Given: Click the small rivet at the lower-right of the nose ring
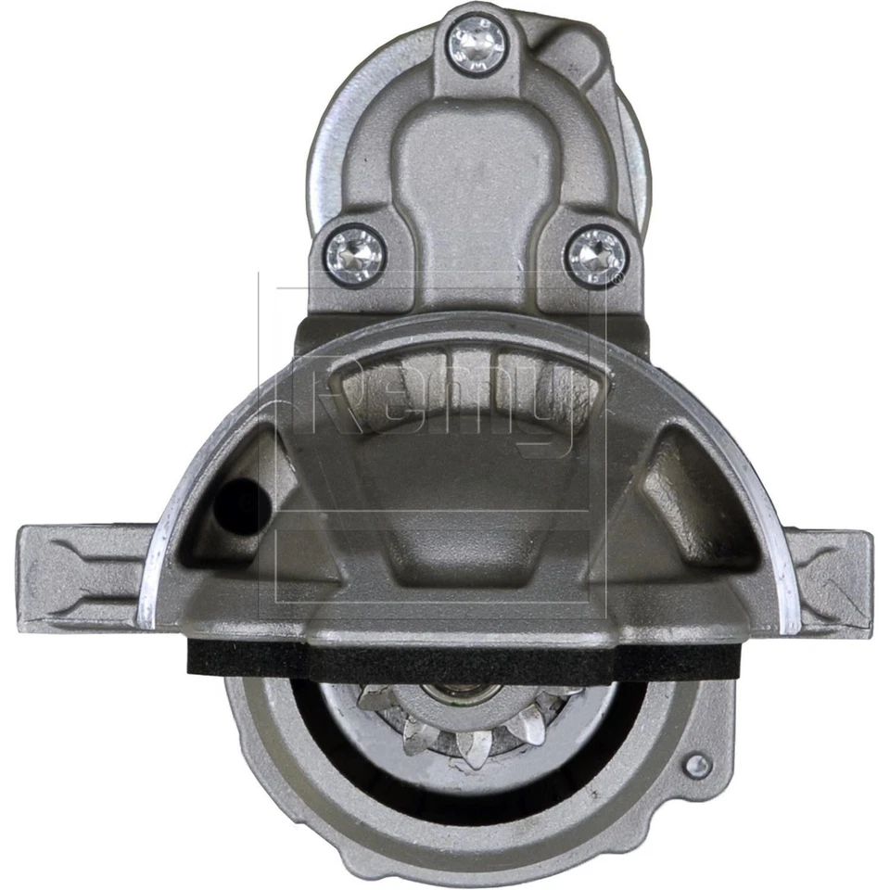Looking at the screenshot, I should [698, 764].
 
